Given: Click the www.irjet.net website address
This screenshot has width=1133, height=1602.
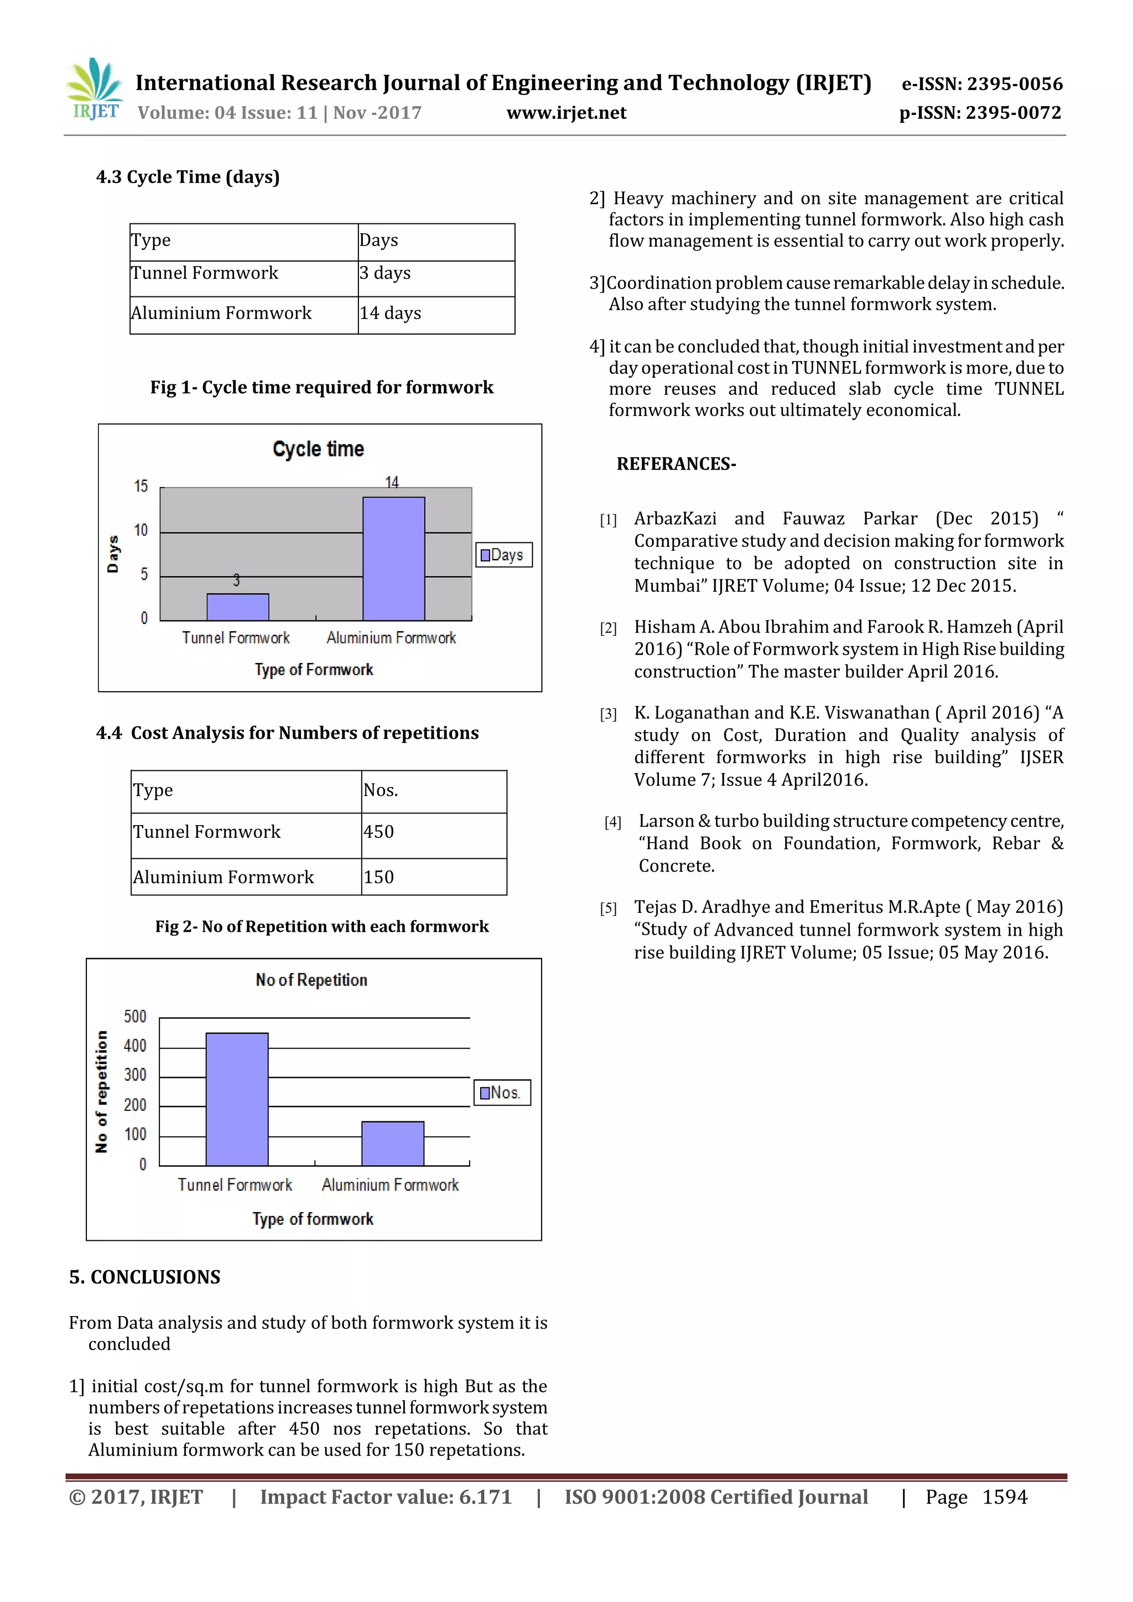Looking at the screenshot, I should click(x=566, y=113).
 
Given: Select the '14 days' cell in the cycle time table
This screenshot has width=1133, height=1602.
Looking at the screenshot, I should click(x=435, y=314).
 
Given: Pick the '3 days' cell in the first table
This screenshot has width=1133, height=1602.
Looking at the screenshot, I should click(x=435, y=274).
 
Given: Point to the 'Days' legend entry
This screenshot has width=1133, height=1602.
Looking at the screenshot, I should click(x=503, y=555).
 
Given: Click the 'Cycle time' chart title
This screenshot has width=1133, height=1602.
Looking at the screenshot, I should click(x=318, y=448).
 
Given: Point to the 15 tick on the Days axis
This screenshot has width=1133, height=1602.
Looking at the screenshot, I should click(x=141, y=486).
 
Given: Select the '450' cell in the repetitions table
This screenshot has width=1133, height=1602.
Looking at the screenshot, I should click(x=433, y=832).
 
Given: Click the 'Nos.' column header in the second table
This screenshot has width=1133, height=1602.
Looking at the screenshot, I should click(x=433, y=791).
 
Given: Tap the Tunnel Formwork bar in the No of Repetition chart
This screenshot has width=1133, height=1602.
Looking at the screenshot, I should click(x=237, y=1098).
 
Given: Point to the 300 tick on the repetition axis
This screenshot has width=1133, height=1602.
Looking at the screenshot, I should click(x=136, y=1074).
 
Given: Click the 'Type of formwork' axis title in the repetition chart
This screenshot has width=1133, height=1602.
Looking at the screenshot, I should click(x=313, y=1218).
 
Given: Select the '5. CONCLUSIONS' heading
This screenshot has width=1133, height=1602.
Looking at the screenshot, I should click(x=144, y=1277).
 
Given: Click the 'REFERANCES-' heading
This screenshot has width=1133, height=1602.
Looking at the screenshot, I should click(x=675, y=464).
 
